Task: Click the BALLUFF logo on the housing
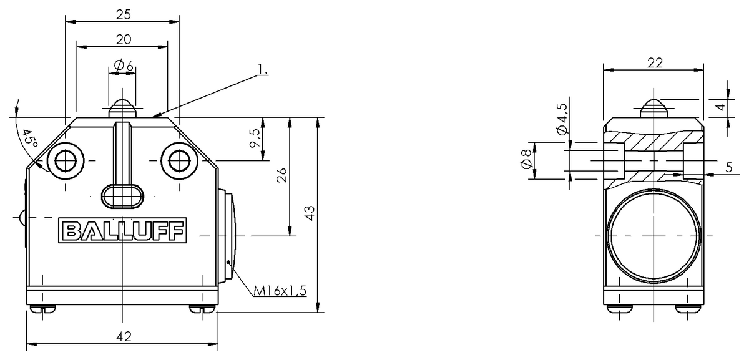(122, 230)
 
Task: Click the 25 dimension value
(124, 15)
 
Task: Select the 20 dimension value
(124, 40)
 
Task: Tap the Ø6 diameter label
(124, 66)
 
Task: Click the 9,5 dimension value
(255, 138)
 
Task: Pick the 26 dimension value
(282, 175)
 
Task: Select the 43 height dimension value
(310, 213)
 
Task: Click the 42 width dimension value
(124, 336)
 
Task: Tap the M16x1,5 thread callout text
(280, 291)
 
